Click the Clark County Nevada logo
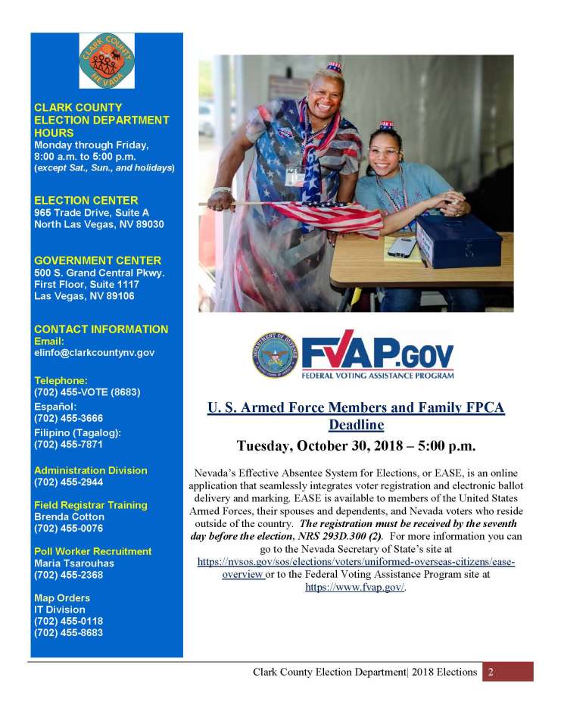pyautogui.click(x=107, y=61)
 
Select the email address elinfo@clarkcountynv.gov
pyautogui.click(x=95, y=353)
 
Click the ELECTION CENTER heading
pyautogui.click(x=86, y=201)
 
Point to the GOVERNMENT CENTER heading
pyautogui.click(x=98, y=261)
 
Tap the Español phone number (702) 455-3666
pyautogui.click(x=69, y=418)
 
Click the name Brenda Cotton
pyautogui.click(x=69, y=516)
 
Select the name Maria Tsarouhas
pyautogui.click(x=74, y=563)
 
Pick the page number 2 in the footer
pyautogui.click(x=491, y=672)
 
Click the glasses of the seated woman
pyautogui.click(x=385, y=152)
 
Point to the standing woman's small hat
pyautogui.click(x=334, y=67)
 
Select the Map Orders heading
pyautogui.click(x=62, y=598)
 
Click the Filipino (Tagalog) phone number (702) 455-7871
pyautogui.click(x=69, y=445)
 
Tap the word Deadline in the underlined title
pyautogui.click(x=356, y=425)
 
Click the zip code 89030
pyautogui.click(x=148, y=225)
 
